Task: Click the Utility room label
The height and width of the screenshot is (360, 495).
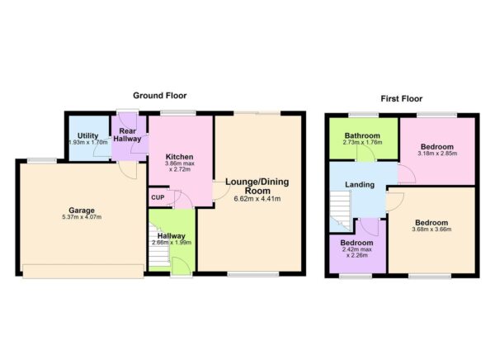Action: click(88, 135)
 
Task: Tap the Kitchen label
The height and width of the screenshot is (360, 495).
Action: click(179, 156)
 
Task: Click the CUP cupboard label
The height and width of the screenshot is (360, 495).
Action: click(157, 197)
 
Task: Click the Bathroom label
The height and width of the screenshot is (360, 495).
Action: click(362, 135)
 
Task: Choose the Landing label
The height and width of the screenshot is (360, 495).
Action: click(360, 184)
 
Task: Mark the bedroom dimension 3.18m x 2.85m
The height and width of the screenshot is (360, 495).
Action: click(436, 153)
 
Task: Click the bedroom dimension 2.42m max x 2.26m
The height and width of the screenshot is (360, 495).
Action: click(357, 253)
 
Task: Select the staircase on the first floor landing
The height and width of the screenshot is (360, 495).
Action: click(339, 211)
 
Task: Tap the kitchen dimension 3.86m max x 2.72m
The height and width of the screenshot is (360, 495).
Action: click(179, 169)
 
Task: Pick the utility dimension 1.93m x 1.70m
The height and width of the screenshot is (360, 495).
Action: click(88, 143)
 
